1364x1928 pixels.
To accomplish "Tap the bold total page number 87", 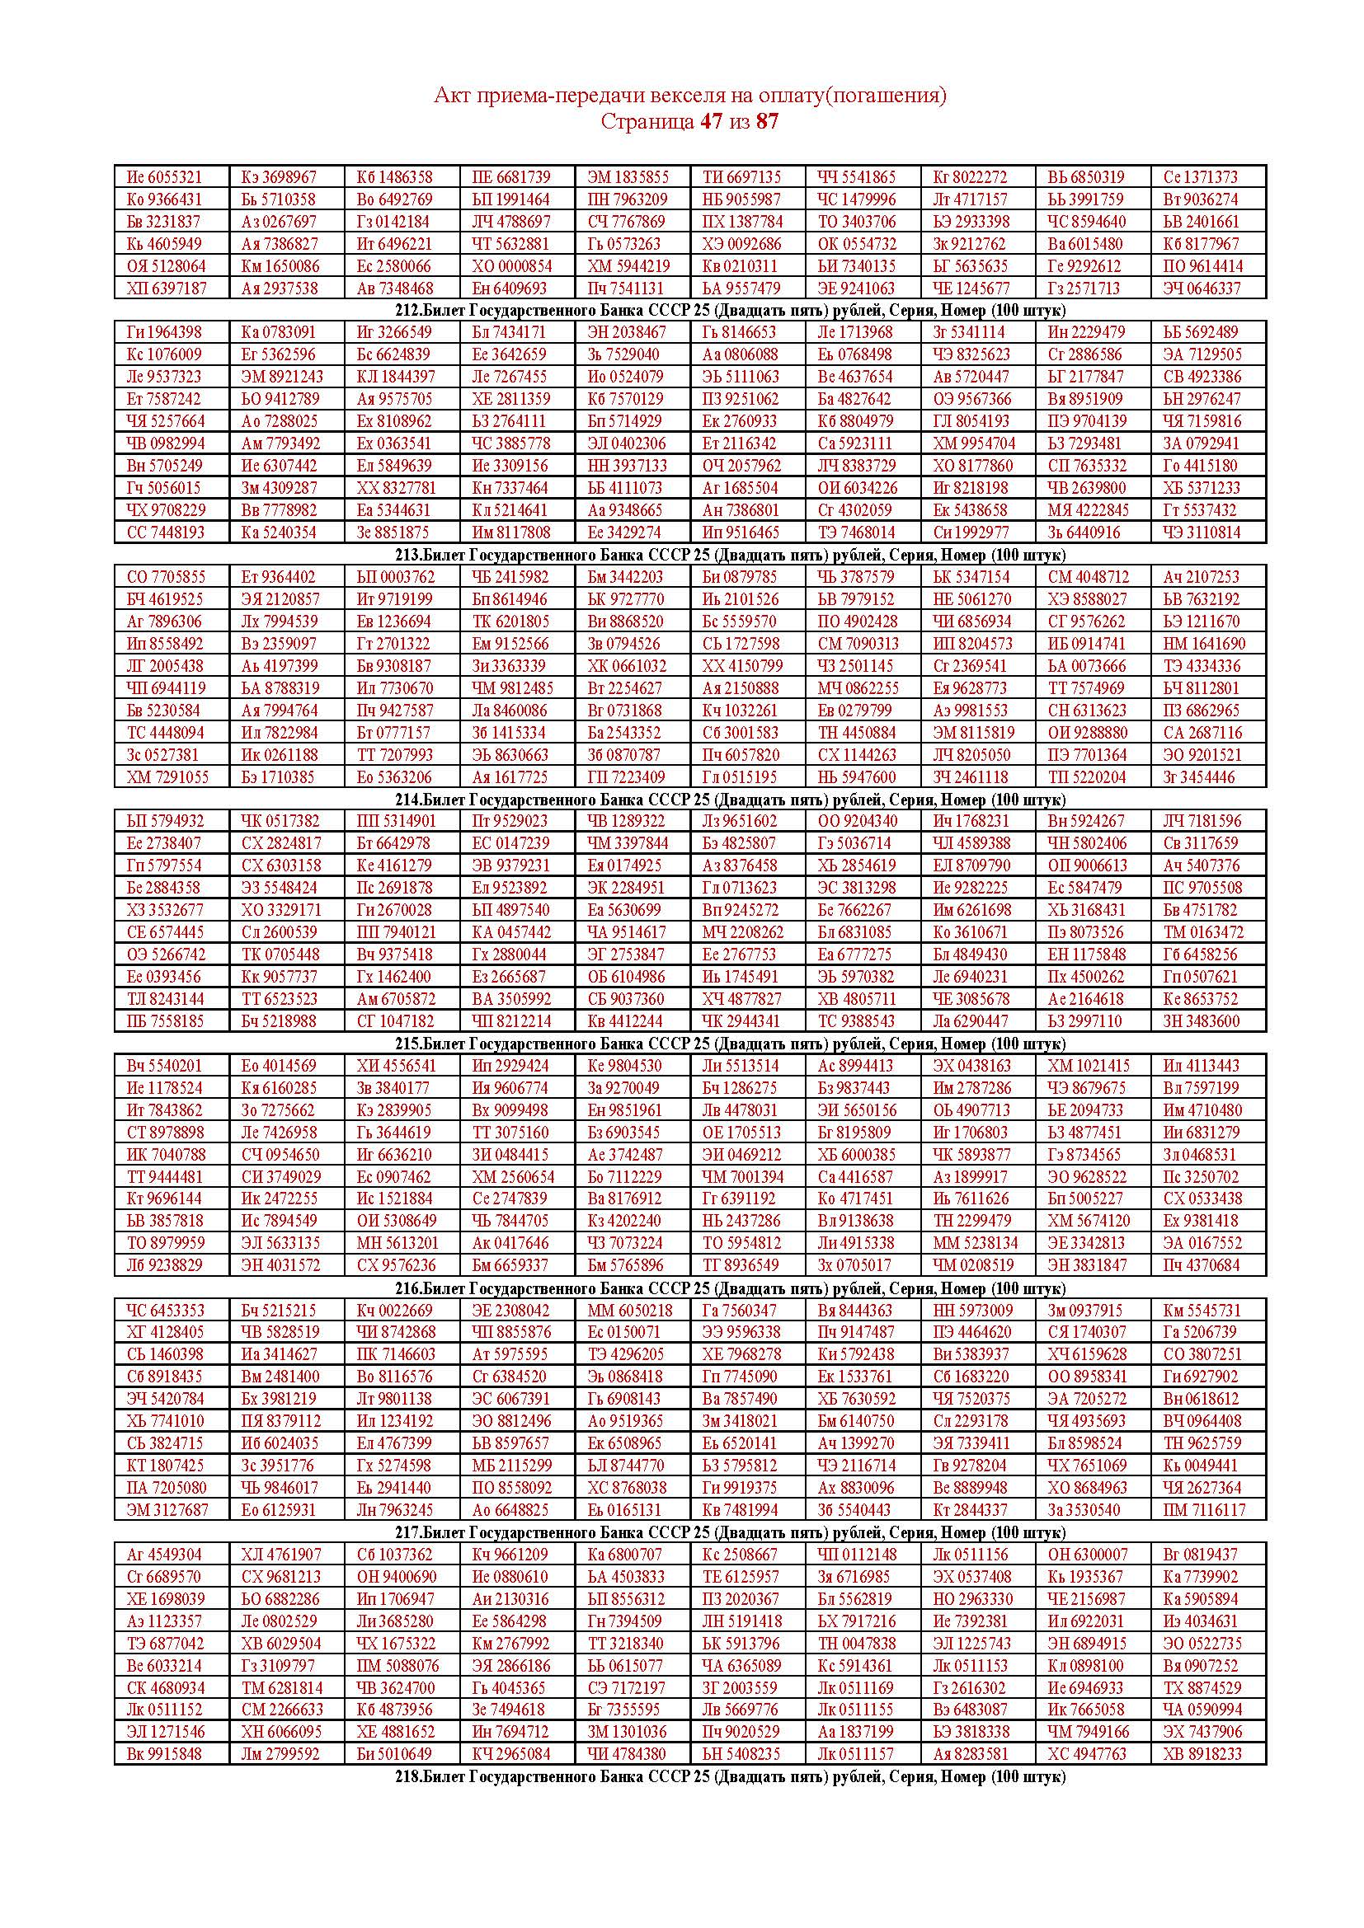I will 767,122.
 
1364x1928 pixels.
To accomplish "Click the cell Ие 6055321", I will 165,177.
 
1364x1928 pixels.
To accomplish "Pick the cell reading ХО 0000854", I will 510,266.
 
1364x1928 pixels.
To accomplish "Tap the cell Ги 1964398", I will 165,332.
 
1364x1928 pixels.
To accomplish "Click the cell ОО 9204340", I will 857,821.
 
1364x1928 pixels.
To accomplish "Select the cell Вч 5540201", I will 165,1066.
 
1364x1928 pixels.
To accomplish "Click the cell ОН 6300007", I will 1088,1555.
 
